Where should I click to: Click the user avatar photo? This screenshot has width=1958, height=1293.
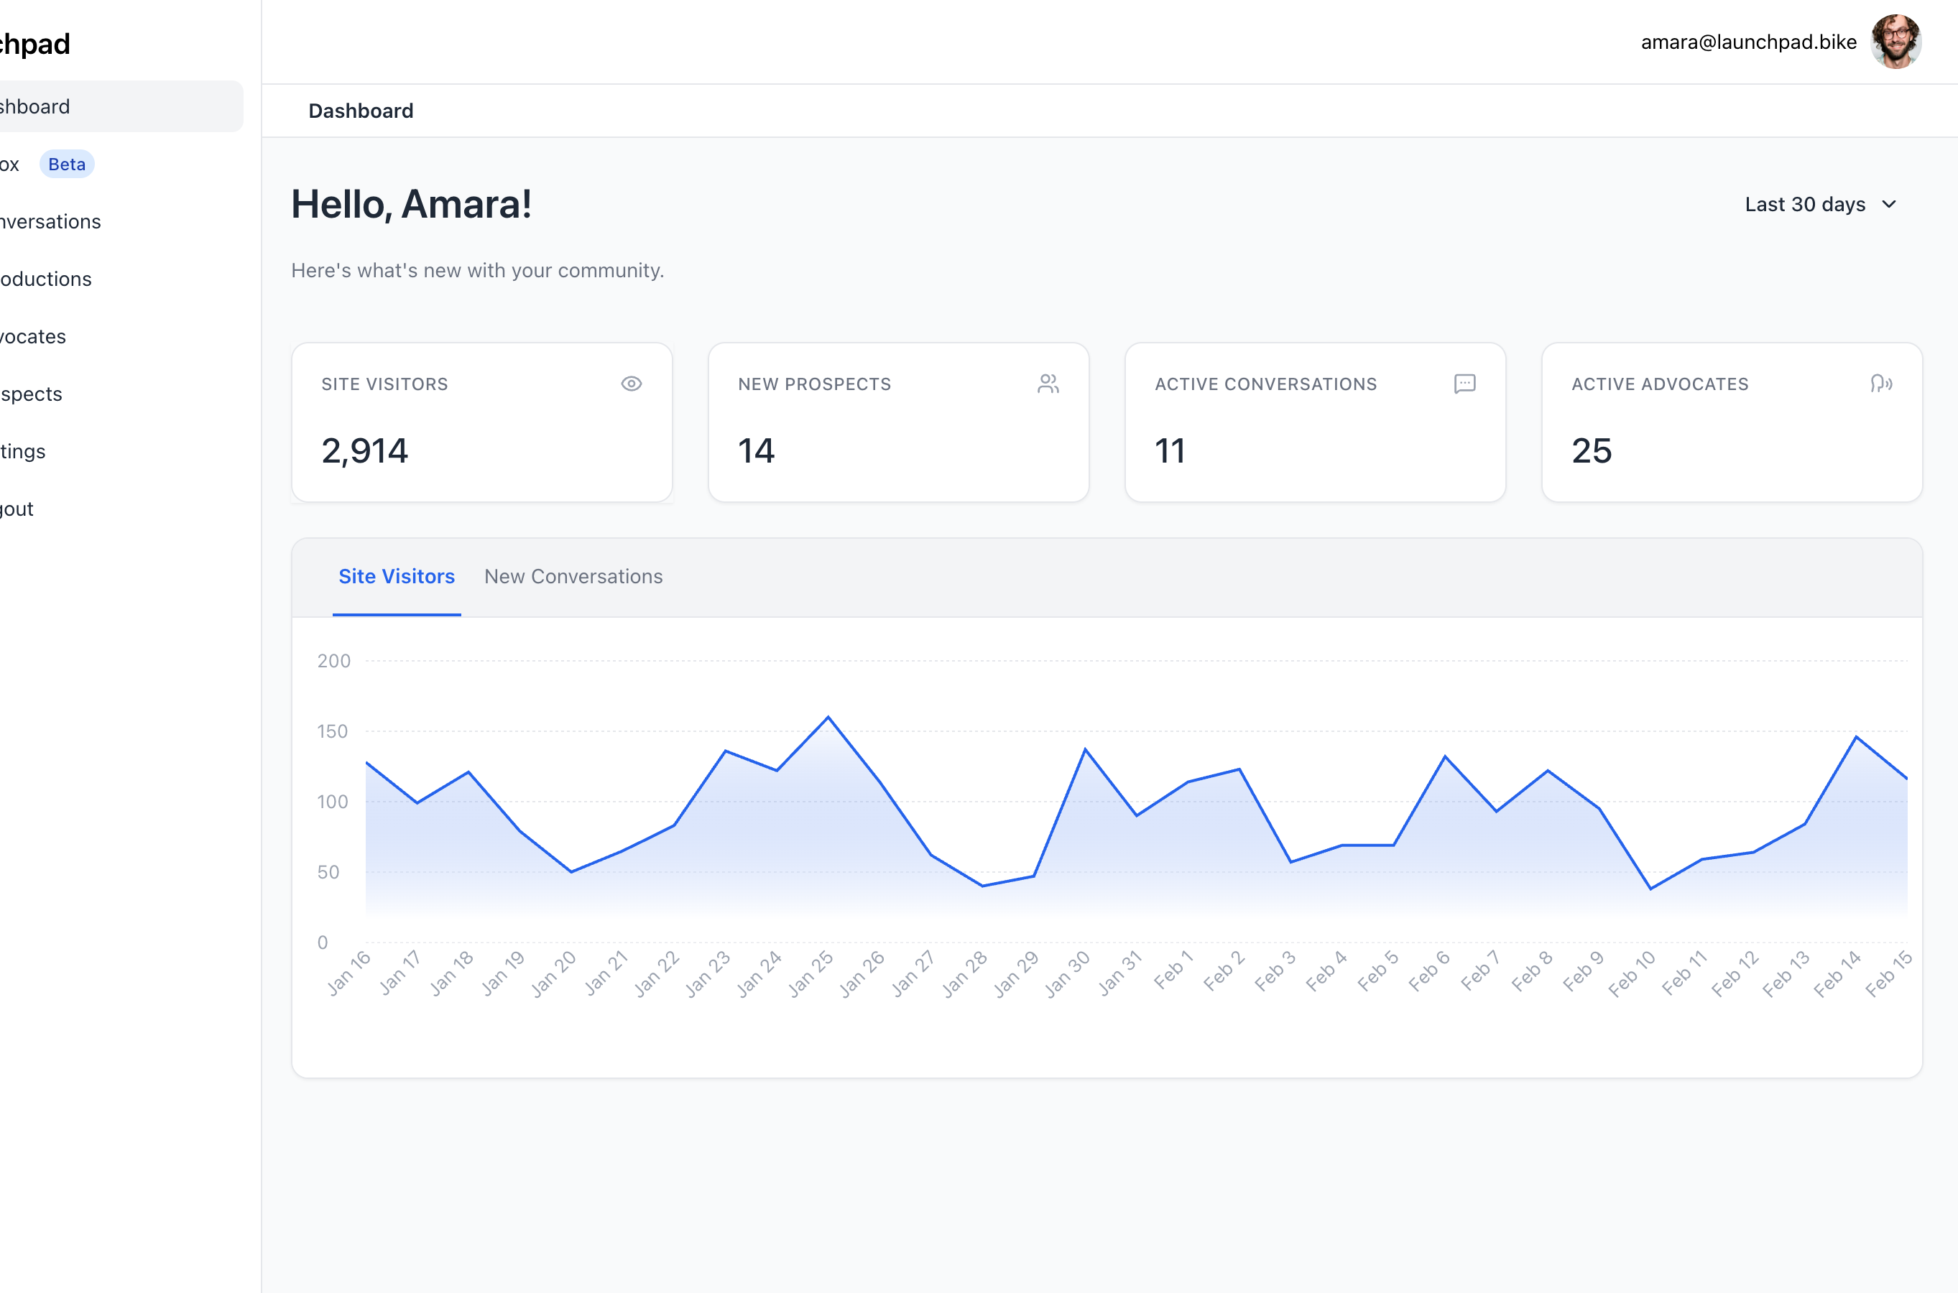point(1895,41)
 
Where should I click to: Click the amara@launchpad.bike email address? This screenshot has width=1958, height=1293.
point(1747,42)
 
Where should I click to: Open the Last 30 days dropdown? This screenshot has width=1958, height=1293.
point(1820,205)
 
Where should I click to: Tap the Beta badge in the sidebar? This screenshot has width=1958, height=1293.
point(67,164)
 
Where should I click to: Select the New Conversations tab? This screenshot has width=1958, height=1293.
point(573,576)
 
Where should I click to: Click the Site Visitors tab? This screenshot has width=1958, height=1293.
point(397,576)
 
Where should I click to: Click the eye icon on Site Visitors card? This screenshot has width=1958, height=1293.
point(631,384)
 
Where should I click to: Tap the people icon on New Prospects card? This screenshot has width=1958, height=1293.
point(1048,384)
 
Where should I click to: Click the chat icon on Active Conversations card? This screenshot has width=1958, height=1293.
point(1465,384)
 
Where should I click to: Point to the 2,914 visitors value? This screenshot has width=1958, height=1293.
point(364,451)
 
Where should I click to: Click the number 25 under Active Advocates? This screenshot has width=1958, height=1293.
point(1591,451)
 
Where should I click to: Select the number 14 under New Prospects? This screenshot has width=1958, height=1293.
point(755,451)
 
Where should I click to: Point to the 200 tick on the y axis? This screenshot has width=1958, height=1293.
point(333,662)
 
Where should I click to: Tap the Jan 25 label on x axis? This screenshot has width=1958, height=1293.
point(811,973)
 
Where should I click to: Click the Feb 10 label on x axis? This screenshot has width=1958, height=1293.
point(1633,973)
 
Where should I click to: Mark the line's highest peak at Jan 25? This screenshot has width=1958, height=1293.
point(828,718)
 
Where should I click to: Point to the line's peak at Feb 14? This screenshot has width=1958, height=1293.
point(1856,736)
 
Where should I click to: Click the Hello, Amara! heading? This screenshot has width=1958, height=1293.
point(412,205)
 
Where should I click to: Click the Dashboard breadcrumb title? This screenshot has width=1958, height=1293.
point(361,111)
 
